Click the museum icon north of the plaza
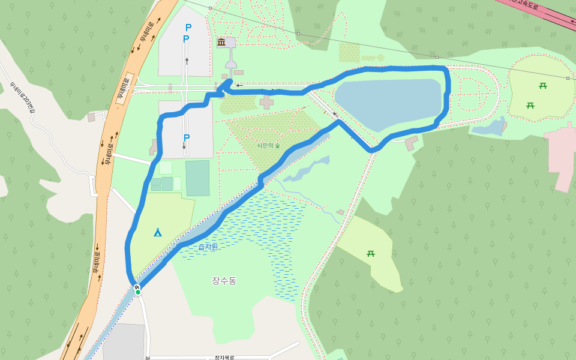(221, 42)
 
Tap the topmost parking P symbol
(188, 28)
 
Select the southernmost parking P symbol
(187, 138)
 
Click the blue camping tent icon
(157, 232)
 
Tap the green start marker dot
(138, 292)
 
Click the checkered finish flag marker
(137, 287)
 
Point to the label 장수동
(224, 281)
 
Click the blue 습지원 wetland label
(208, 247)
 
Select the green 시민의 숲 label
(268, 145)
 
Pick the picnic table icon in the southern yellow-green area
(371, 254)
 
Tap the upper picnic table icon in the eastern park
(543, 86)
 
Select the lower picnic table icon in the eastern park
(530, 106)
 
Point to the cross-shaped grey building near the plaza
(266, 101)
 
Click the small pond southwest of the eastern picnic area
(488, 127)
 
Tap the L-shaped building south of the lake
(411, 143)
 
